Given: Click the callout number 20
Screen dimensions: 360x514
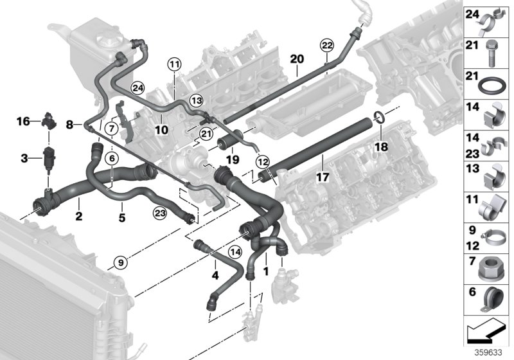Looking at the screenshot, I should [x=296, y=59].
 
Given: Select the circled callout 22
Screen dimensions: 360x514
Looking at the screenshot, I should [x=327, y=44].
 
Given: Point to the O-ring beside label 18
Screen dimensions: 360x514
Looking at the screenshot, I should [x=378, y=117].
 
